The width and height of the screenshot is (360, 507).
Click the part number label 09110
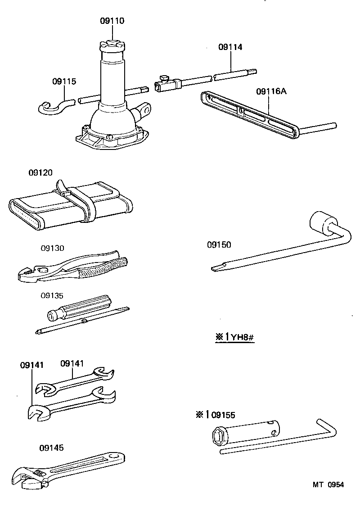point(112,21)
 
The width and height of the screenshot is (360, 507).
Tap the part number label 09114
point(230,47)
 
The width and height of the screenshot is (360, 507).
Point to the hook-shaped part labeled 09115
point(52,107)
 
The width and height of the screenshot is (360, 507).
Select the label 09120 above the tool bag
point(40,172)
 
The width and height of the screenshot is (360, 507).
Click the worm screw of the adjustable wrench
point(39,473)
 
